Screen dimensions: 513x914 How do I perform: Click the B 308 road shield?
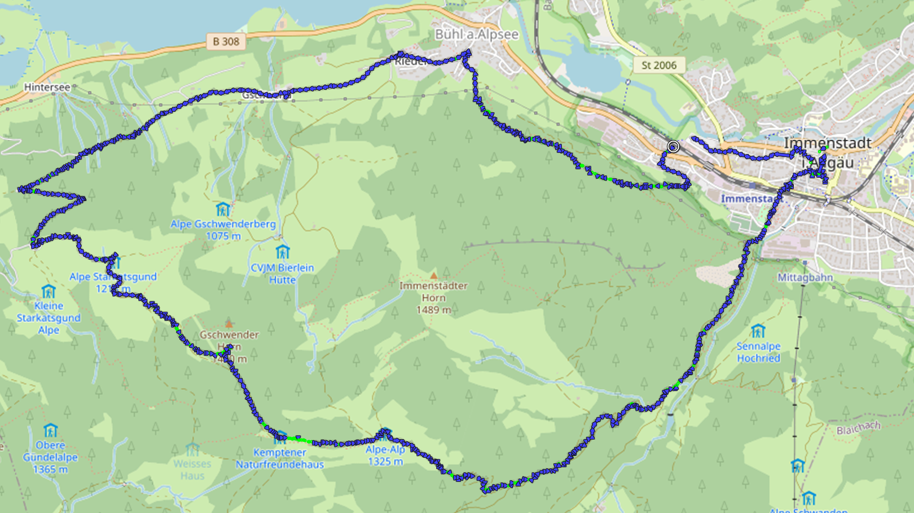click(x=226, y=42)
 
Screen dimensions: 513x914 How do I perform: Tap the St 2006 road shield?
click(x=658, y=65)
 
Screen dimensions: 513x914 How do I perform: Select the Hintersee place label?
click(x=47, y=87)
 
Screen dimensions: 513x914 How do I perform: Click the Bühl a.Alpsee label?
click(x=476, y=34)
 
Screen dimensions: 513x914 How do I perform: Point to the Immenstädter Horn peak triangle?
click(x=433, y=276)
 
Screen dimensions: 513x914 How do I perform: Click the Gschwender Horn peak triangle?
click(x=228, y=324)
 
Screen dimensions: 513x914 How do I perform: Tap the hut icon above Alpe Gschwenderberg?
click(x=223, y=209)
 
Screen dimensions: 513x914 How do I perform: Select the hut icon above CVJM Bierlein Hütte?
click(x=283, y=252)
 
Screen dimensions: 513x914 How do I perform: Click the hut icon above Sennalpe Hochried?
click(x=758, y=331)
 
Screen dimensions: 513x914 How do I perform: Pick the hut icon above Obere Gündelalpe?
click(x=51, y=431)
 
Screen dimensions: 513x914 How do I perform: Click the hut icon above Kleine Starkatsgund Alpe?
click(x=49, y=291)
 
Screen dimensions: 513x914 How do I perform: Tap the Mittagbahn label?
click(x=805, y=278)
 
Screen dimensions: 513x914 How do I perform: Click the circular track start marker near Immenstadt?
click(x=673, y=147)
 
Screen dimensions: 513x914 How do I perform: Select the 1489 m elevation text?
click(x=433, y=310)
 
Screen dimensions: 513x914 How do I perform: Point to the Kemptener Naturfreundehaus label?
click(x=280, y=458)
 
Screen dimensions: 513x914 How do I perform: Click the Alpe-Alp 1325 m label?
click(x=385, y=455)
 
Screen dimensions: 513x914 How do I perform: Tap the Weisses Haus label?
click(x=192, y=470)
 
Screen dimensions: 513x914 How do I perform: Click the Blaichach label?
click(x=858, y=428)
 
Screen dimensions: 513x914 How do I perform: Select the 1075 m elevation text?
click(x=223, y=236)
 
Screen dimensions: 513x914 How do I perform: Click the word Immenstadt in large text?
click(x=827, y=143)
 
